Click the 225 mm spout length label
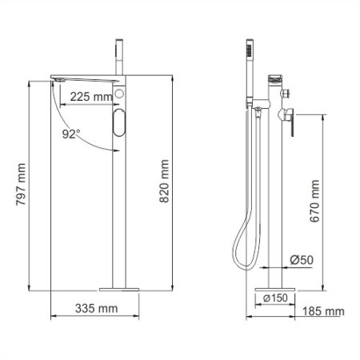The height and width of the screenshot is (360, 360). coord(90,97)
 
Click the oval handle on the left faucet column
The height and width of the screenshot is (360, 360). coord(119,125)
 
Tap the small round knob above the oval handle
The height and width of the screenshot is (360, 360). coord(119,95)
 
